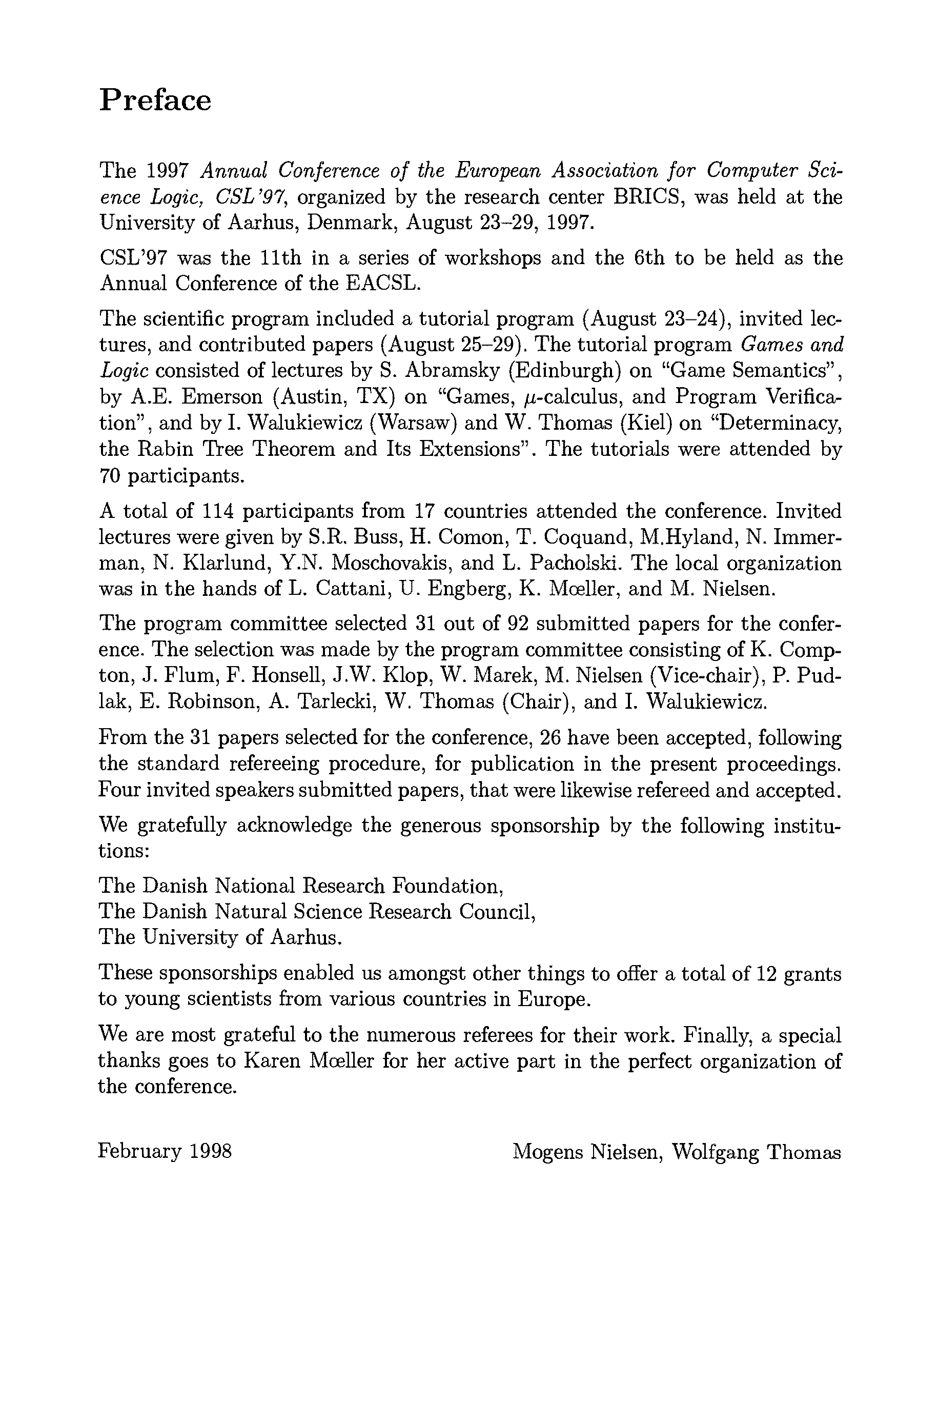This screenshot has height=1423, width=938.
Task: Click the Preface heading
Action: tap(155, 100)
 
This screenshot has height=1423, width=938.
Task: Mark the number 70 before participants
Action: tap(110, 476)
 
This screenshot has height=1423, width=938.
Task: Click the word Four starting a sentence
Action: tap(118, 791)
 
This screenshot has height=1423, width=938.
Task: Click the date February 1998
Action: tap(165, 1151)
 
